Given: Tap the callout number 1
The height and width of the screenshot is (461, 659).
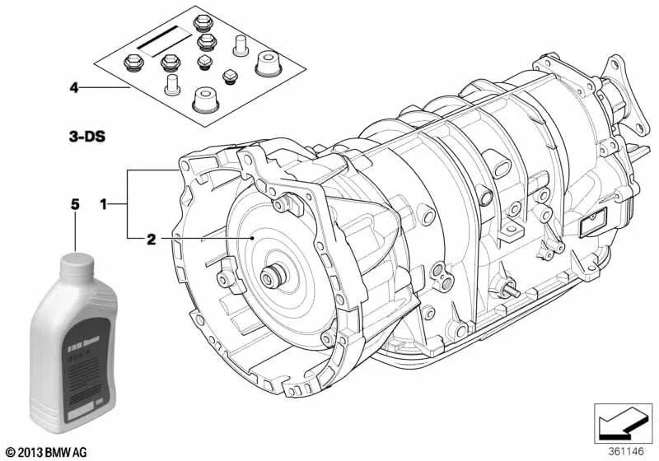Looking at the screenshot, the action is click(103, 203).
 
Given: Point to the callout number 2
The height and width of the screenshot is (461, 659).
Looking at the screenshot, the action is click(151, 239).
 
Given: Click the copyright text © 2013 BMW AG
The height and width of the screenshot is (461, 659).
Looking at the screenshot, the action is click(48, 452).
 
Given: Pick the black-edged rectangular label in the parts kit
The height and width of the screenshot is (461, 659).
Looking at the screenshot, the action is click(161, 39).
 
